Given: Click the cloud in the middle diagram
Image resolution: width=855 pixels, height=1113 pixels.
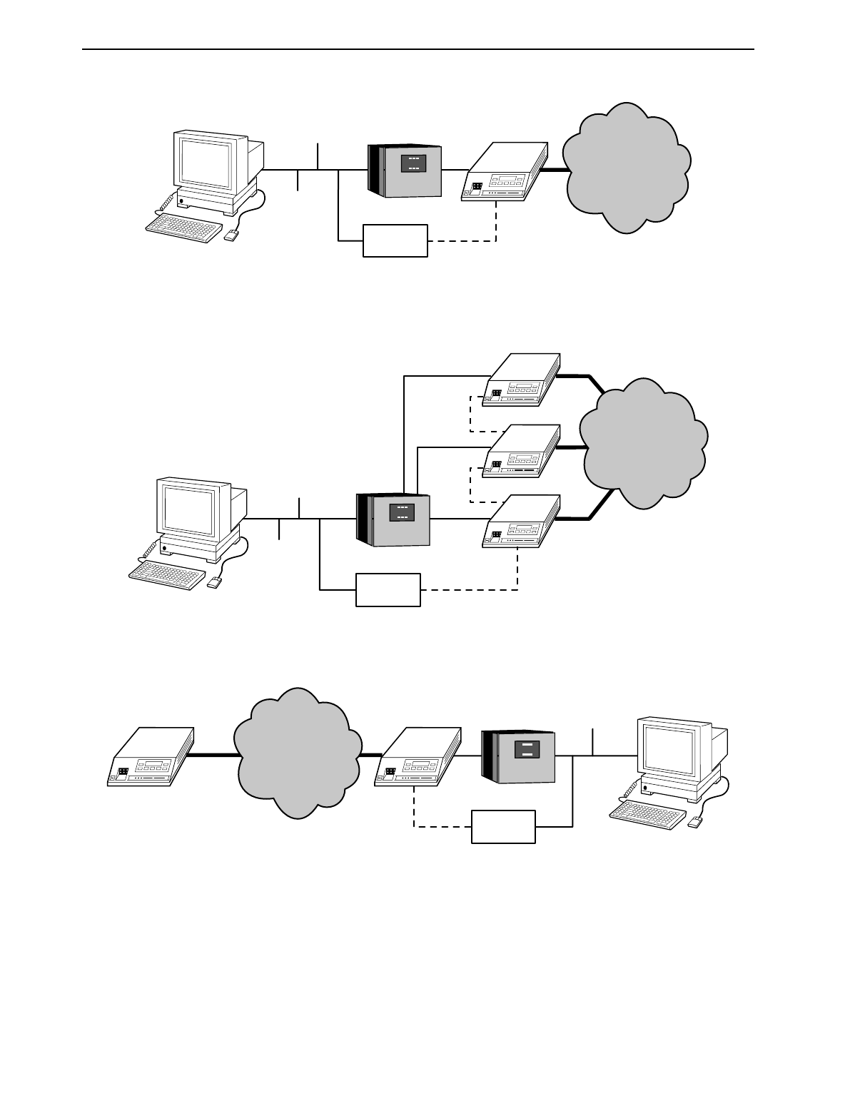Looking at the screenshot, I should tap(642, 444).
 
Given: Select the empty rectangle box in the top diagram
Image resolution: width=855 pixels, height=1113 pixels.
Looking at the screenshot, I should tap(395, 240).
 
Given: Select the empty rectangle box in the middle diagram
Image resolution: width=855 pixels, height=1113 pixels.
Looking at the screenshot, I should tap(388, 589).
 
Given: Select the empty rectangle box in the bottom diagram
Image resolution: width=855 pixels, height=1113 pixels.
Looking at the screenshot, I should tap(503, 826).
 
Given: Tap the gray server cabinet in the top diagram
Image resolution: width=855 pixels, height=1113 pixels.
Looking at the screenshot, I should tap(405, 171).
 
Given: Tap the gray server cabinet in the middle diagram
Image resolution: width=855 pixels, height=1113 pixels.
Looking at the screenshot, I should tap(394, 519).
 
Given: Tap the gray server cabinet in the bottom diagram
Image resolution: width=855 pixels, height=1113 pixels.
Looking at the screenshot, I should tap(519, 757).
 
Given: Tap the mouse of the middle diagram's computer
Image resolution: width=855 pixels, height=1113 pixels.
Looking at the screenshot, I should tap(214, 583).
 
